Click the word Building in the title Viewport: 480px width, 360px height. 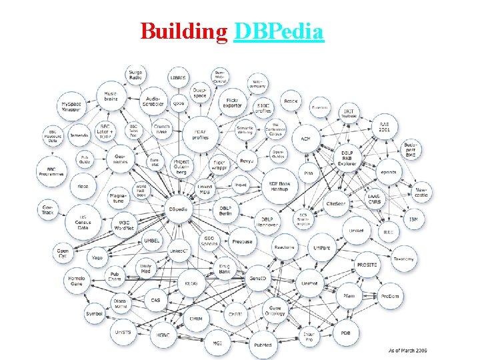[184, 31]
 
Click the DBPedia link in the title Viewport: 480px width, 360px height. [279, 31]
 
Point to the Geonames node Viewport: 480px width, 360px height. [120, 158]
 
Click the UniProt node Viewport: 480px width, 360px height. [309, 283]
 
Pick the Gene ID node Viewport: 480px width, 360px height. [258, 277]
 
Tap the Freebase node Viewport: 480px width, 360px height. [243, 241]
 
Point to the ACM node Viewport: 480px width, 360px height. [305, 139]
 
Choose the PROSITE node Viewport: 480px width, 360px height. [367, 265]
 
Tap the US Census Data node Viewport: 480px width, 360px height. [83, 223]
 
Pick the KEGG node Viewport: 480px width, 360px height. [191, 283]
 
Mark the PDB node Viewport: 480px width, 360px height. [346, 333]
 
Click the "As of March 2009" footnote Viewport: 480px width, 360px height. [407, 350]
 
